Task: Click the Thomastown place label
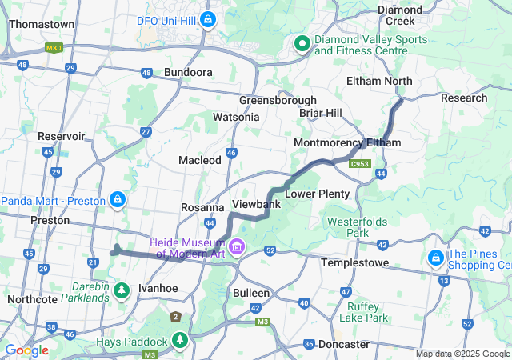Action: click(42, 24)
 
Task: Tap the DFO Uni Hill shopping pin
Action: click(208, 18)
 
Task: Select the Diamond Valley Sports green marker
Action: click(302, 44)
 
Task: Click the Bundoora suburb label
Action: click(188, 72)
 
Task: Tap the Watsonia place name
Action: click(236, 117)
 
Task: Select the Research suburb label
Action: click(464, 98)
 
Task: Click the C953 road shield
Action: click(359, 163)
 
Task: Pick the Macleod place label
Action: click(199, 160)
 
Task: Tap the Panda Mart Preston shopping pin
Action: click(118, 198)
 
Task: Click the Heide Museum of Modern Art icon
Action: click(236, 246)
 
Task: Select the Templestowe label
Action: click(354, 262)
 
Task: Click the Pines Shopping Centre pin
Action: click(437, 258)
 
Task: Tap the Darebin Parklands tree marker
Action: click(122, 289)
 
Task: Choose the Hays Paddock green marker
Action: click(181, 341)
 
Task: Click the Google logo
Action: click(26, 350)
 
